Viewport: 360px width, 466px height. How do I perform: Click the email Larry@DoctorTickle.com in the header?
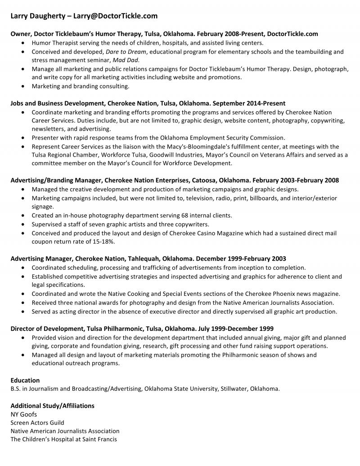tap(116, 16)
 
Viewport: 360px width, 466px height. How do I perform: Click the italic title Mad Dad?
tap(127, 60)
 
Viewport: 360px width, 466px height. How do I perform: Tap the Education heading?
tap(25, 380)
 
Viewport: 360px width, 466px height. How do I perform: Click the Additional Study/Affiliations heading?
tap(52, 406)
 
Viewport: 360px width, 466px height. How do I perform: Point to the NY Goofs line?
tap(24, 414)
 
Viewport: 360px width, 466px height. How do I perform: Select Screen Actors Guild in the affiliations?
tap(37, 423)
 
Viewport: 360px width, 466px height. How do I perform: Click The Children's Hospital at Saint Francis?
tap(63, 439)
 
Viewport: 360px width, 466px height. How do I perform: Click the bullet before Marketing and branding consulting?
tap(23, 86)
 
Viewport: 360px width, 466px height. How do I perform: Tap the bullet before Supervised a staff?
tap(23, 224)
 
